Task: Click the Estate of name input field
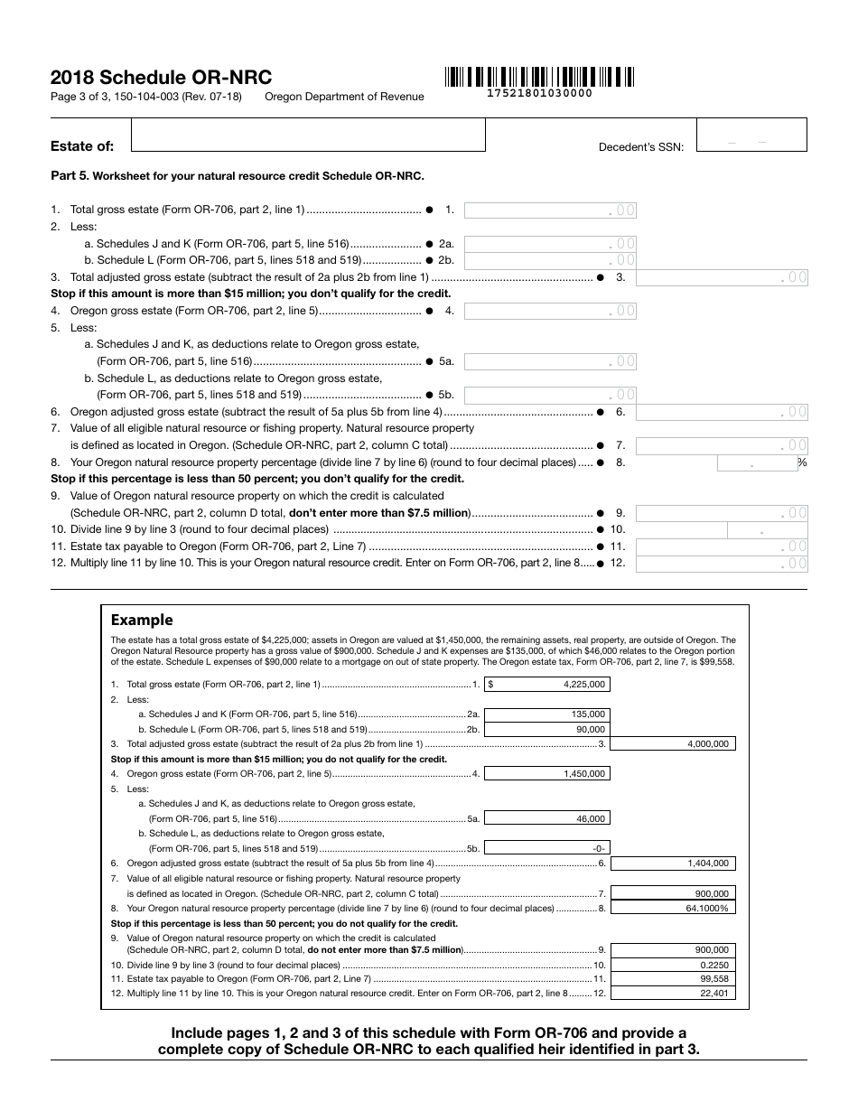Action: tap(308, 135)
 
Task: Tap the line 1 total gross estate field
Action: tap(550, 210)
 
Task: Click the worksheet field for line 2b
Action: tap(550, 260)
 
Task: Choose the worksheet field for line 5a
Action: tap(550, 361)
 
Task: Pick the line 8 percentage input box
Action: tap(757, 463)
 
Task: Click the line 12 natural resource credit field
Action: tap(722, 564)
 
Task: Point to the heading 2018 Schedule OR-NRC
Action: tap(161, 78)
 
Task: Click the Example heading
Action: tap(142, 620)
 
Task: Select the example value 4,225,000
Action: tap(546, 685)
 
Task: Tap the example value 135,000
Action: tap(546, 714)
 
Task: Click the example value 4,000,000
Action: tap(673, 744)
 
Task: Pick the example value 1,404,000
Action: tap(673, 864)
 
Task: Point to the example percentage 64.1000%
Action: tap(673, 908)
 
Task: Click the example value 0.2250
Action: tap(673, 965)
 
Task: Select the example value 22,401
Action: tap(673, 994)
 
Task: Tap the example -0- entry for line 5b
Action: tap(546, 848)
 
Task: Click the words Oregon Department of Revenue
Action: tap(344, 97)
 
